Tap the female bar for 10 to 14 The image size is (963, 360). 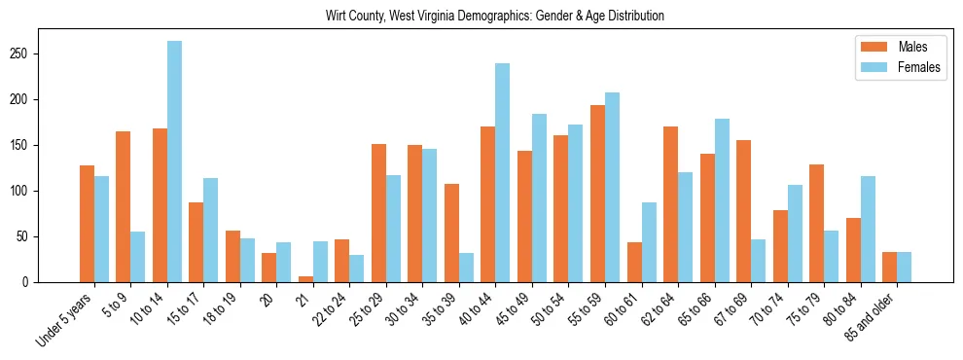coord(174,162)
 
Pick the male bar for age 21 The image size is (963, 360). coord(305,279)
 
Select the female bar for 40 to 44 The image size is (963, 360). coord(503,173)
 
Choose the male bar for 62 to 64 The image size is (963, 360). coord(670,204)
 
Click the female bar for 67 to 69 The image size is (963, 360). coord(758,261)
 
